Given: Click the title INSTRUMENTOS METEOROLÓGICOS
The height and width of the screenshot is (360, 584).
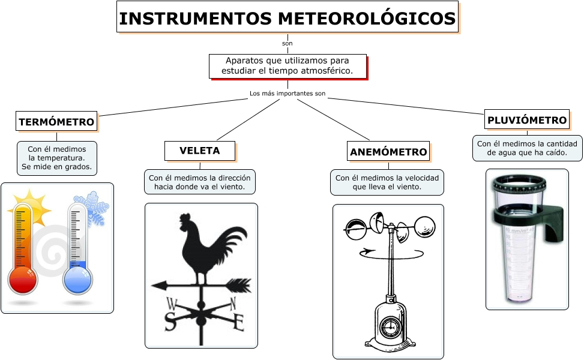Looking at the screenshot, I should (287, 18).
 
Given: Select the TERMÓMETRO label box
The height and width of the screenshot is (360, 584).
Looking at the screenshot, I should (56, 122).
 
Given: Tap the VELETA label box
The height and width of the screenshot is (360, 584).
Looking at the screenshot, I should (200, 151).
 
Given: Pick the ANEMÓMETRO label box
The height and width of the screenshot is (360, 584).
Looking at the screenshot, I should (388, 151).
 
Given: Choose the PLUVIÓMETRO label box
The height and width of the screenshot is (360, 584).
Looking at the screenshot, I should (526, 119).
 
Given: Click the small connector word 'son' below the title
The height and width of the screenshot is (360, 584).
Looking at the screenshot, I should (287, 44).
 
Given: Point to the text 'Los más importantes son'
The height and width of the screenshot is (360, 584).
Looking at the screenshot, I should (287, 94).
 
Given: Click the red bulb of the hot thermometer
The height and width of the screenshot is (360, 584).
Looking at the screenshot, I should (23, 279).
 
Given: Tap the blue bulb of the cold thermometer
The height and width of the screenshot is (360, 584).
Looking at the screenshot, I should (78, 280).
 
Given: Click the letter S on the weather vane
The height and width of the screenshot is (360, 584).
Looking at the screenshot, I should (170, 323).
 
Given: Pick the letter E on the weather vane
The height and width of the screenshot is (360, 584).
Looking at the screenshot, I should (238, 323).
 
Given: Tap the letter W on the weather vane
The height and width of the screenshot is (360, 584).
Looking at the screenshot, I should (172, 302).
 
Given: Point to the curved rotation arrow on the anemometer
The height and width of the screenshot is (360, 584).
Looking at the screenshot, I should (384, 254).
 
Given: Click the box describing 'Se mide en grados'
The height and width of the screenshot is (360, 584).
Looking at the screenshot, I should (57, 158).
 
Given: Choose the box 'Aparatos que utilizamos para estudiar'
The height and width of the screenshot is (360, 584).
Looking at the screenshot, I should (287, 66).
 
